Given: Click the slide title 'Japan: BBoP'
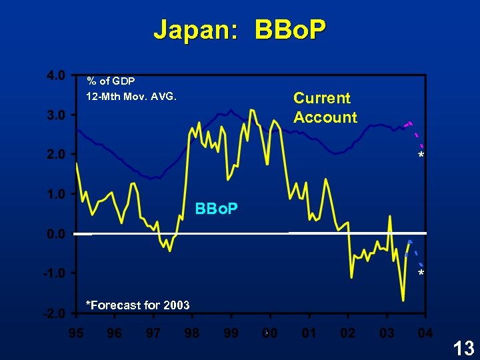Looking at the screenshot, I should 239,30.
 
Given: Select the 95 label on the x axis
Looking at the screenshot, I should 76,332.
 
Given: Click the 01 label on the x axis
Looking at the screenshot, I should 308,332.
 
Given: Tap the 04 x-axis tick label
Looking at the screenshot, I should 425,332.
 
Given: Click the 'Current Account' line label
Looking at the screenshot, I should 325,107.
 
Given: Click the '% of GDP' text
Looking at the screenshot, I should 111,81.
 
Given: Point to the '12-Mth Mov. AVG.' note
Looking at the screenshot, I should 131,96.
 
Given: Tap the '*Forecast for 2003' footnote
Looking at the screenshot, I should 138,305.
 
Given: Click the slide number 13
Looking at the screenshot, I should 463,347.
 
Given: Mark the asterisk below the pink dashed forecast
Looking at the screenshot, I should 421,156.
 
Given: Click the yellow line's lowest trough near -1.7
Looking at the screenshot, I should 403,300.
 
